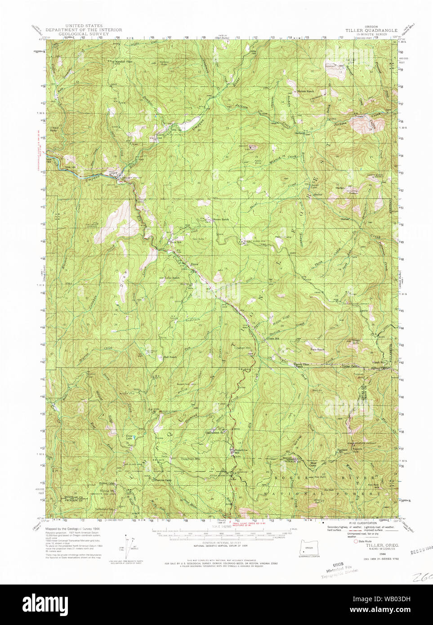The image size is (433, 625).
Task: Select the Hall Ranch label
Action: point(163,357)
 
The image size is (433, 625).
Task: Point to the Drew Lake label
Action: point(129,437)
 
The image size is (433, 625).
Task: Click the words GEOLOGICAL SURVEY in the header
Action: point(84,34)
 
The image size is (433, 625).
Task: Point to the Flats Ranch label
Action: point(317,349)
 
